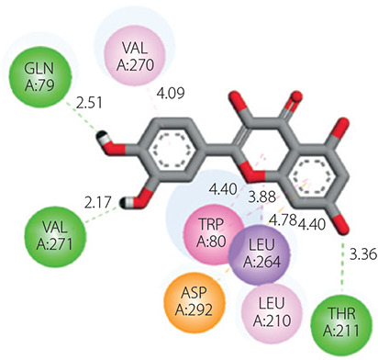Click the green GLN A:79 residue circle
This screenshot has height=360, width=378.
[x=40, y=77]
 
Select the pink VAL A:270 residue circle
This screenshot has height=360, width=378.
[x=135, y=58]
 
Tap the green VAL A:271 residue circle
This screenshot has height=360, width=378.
[x=55, y=236]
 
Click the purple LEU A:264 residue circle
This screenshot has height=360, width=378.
[x=260, y=253]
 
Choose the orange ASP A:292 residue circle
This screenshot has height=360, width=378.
[x=194, y=301]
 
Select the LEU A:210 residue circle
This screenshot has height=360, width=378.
[x=272, y=312]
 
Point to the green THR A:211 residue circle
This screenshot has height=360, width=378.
[x=341, y=322]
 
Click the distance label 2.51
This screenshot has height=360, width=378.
[x=89, y=104]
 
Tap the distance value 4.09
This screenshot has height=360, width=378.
[x=171, y=93]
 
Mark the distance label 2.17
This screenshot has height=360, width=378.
[x=97, y=203]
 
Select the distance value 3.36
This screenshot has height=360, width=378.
[x=363, y=254]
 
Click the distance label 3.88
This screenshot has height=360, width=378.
[x=262, y=197]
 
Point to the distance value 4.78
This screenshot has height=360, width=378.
[x=283, y=219]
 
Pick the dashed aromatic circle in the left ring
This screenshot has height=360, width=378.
[x=172, y=150]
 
